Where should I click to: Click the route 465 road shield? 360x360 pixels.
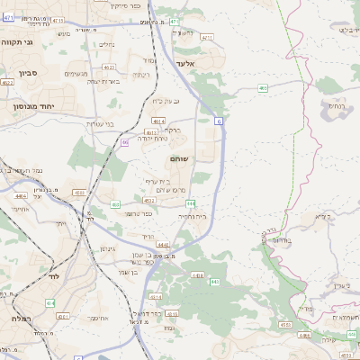tap(263, 88)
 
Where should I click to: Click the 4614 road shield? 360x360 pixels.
tap(158, 120)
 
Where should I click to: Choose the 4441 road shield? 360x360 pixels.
tap(162, 244)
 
